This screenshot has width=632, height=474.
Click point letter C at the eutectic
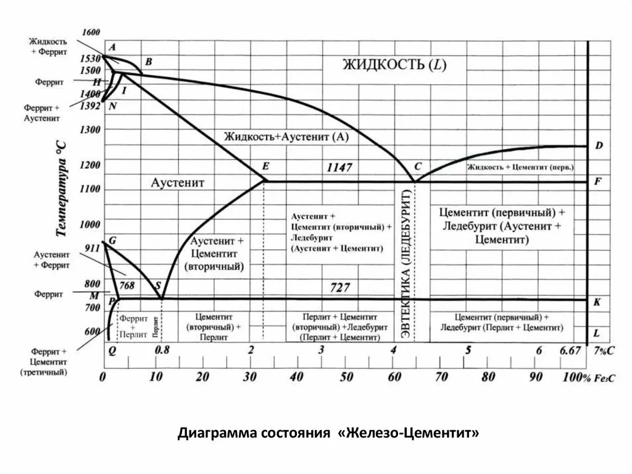coord(418,166)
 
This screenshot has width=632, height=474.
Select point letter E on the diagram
coord(265,166)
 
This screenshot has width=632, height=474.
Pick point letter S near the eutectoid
coord(158,285)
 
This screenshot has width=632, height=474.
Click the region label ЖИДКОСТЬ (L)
coord(394,65)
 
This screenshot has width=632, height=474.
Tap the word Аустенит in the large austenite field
coord(177,183)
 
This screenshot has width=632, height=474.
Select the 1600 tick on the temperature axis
coord(90,32)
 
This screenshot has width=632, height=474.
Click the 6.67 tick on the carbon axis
coord(570,350)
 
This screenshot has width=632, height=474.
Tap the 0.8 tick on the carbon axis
coord(162,350)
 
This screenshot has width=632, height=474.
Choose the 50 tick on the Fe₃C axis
coord(347,376)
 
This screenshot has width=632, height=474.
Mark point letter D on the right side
coord(599,146)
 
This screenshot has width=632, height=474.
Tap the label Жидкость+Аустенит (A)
coord(286,137)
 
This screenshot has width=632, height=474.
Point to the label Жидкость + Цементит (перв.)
coord(520,167)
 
